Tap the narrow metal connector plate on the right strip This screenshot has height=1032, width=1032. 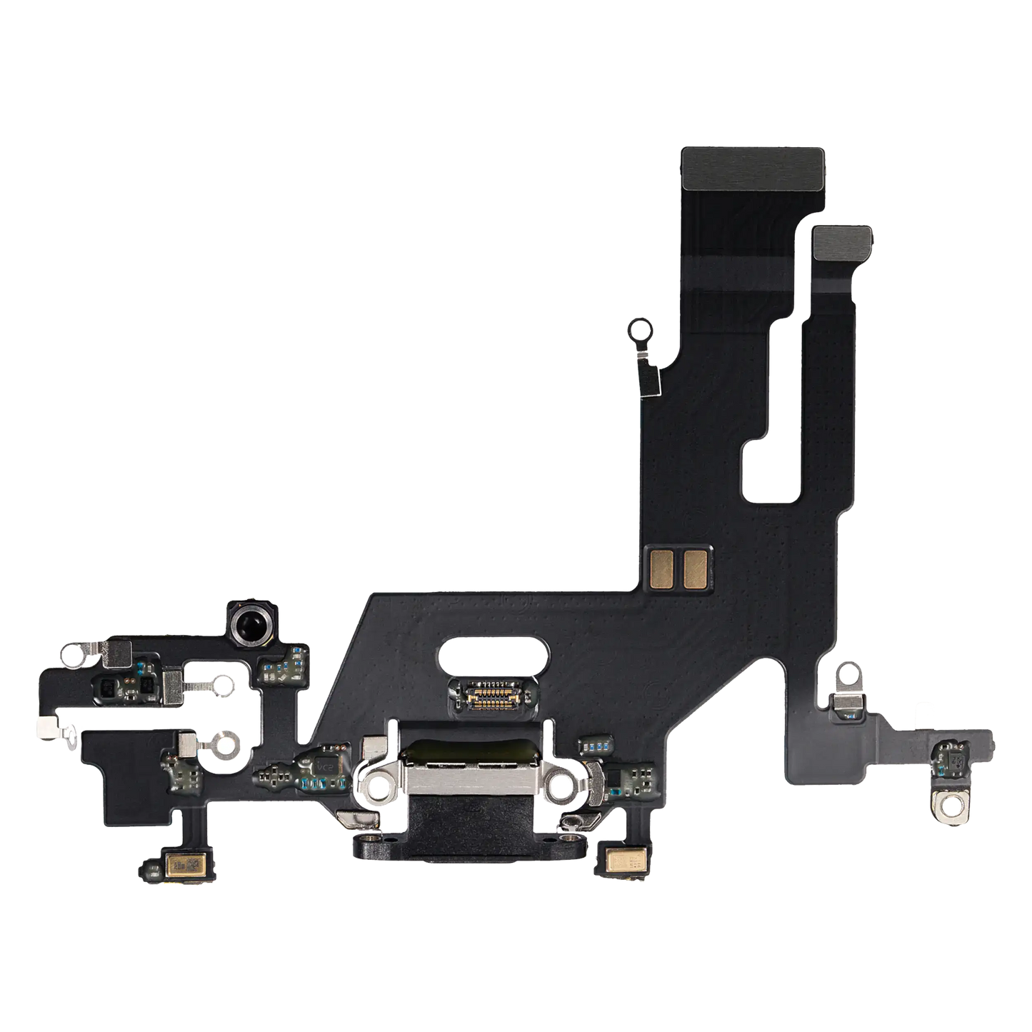pos(842,244)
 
